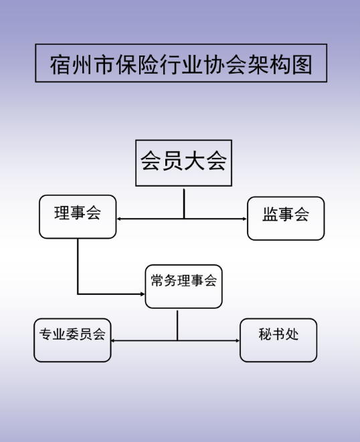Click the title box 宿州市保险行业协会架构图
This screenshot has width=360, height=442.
pyautogui.click(x=181, y=63)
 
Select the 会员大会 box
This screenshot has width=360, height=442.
pyautogui.click(x=183, y=163)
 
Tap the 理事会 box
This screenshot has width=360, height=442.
pyautogui.click(x=78, y=217)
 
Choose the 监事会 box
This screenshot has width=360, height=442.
pyautogui.click(x=286, y=219)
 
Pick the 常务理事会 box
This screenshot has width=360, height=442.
pyautogui.click(x=183, y=286)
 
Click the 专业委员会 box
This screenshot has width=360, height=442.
pyautogui.click(x=72, y=340)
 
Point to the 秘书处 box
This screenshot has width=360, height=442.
pyautogui.click(x=278, y=340)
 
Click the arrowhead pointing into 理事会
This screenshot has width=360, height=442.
pyautogui.click(x=119, y=219)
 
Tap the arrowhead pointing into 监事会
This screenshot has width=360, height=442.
pyautogui.click(x=245, y=219)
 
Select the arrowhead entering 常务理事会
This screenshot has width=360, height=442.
pyautogui.click(x=143, y=294)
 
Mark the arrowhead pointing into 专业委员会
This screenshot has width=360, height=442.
pyautogui.click(x=113, y=340)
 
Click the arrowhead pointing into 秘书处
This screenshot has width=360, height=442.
pyautogui.click(x=238, y=340)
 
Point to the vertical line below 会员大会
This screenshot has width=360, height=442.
pyautogui.click(x=184, y=203)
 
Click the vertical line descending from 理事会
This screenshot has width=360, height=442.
pyautogui.click(x=78, y=266)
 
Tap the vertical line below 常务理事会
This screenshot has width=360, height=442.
pyautogui.click(x=177, y=326)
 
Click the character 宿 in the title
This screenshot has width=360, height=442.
pyautogui.click(x=60, y=65)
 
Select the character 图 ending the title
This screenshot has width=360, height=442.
pyautogui.click(x=302, y=65)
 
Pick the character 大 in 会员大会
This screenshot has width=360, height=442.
pyautogui.click(x=195, y=160)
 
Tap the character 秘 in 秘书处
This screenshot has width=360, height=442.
pyautogui.click(x=265, y=334)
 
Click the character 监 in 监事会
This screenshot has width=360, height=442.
pyautogui.click(x=270, y=214)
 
